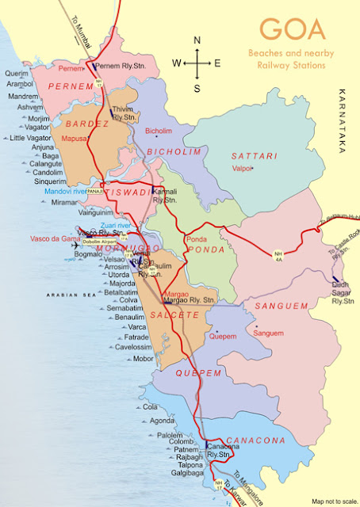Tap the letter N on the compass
197,40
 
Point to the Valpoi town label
242,168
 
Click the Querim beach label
17,73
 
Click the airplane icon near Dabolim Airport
75,245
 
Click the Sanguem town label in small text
267,334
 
